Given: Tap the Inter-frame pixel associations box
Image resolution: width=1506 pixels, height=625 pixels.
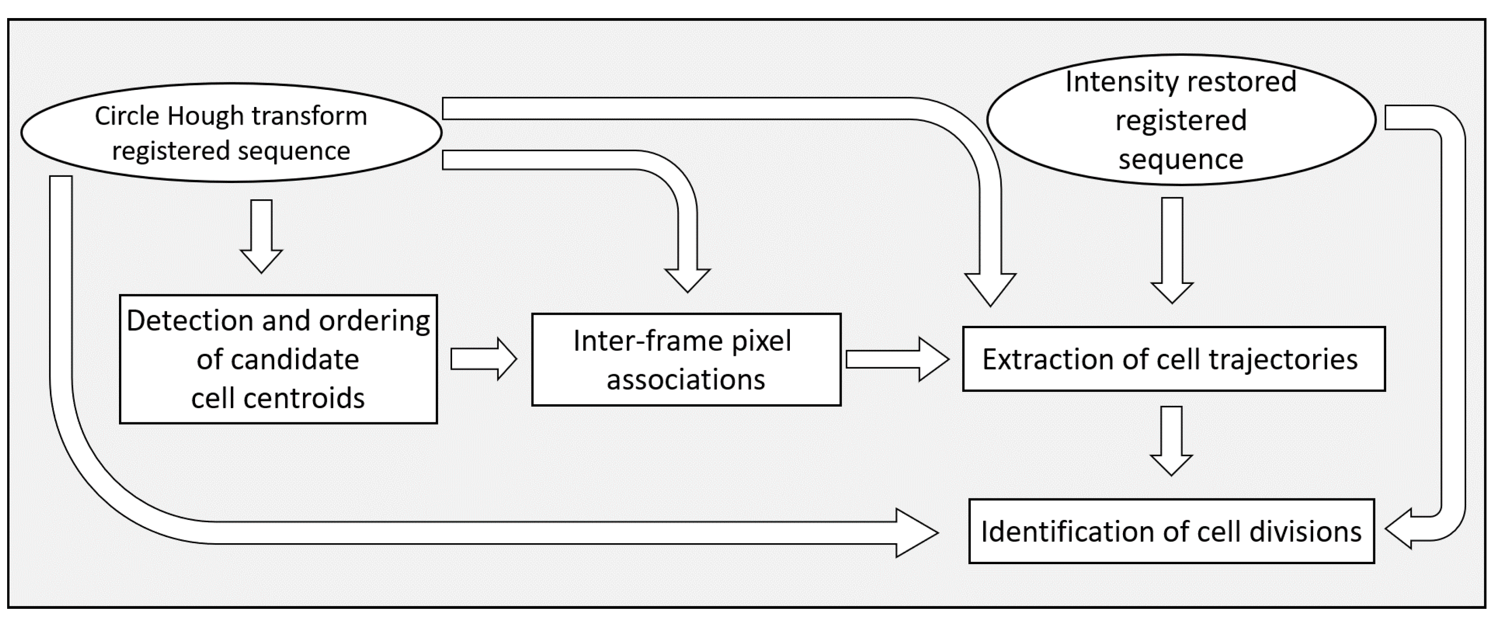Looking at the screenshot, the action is (x=686, y=360).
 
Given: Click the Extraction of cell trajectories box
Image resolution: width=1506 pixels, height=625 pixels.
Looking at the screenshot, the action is (x=1174, y=359).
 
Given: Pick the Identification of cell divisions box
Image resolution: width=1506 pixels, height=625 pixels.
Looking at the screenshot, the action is (x=1171, y=531).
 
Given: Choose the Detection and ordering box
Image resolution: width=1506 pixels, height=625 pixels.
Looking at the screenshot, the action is (x=278, y=359).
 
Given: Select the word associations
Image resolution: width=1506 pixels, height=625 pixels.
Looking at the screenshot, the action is (x=686, y=380).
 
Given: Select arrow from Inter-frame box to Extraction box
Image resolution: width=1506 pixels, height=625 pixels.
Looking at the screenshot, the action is (x=897, y=359).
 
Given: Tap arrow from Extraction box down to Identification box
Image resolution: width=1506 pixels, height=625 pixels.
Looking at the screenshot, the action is (x=1171, y=441).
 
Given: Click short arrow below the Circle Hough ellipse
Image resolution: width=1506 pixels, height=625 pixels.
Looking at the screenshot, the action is (x=261, y=236).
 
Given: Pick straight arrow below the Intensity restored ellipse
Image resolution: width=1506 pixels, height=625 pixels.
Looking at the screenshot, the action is (x=1171, y=250).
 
